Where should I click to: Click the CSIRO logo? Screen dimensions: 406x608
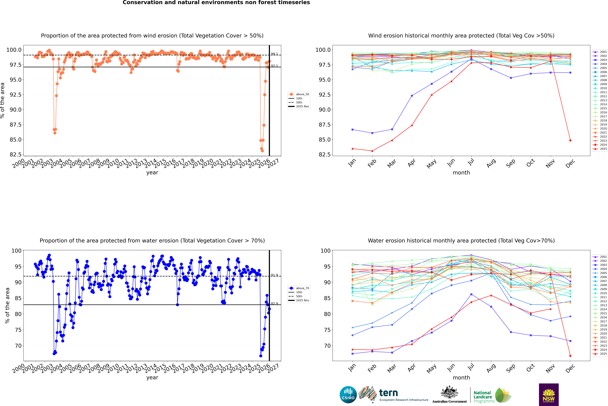coord(348,395)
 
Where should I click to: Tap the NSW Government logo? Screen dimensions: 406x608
coord(549,395)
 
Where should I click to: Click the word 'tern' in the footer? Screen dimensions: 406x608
coord(388,393)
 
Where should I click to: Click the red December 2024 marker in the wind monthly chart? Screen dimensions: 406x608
coord(570,140)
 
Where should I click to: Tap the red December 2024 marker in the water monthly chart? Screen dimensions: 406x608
coord(570,356)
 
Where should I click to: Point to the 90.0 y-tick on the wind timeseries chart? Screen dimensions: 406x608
coord(16,110)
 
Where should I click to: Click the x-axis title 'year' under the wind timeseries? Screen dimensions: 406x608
coord(152,172)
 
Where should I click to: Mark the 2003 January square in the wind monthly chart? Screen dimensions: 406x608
coord(352,129)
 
